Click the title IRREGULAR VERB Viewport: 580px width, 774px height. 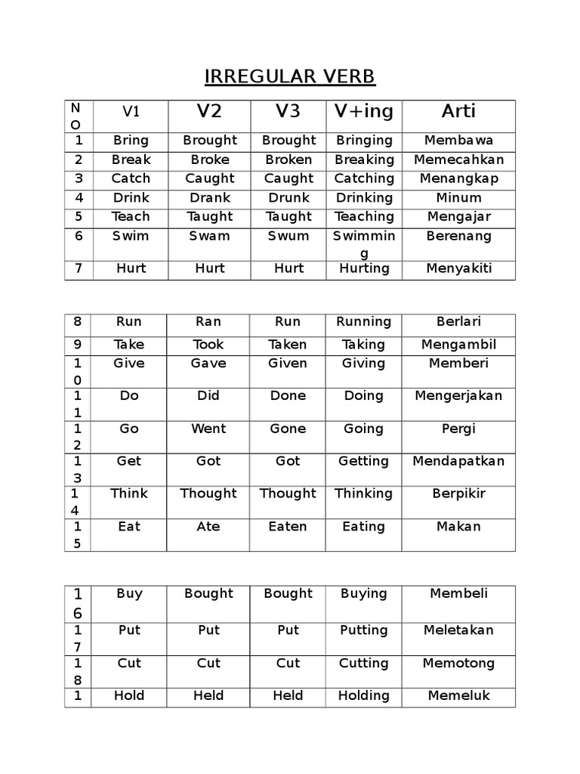click(290, 77)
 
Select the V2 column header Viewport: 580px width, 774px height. click(209, 112)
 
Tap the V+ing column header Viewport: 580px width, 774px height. click(364, 112)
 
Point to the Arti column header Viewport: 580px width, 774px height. click(458, 112)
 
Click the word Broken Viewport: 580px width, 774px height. click(288, 159)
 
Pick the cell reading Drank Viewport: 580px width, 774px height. click(209, 197)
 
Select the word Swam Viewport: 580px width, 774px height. click(209, 235)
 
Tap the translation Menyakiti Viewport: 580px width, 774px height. click(458, 268)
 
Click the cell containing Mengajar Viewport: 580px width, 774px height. click(458, 216)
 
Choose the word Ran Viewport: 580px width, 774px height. click(208, 321)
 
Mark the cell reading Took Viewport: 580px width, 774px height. click(208, 344)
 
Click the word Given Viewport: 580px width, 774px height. click(288, 363)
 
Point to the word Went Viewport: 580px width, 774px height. click(208, 429)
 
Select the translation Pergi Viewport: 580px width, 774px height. click(458, 429)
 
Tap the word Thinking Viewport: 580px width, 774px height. click(363, 494)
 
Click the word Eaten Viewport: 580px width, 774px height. click(288, 526)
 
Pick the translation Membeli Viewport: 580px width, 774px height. click(458, 593)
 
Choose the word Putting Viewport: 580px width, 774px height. click(363, 630)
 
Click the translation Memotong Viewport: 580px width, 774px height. click(458, 663)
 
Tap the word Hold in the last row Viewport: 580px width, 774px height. click(129, 695)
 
